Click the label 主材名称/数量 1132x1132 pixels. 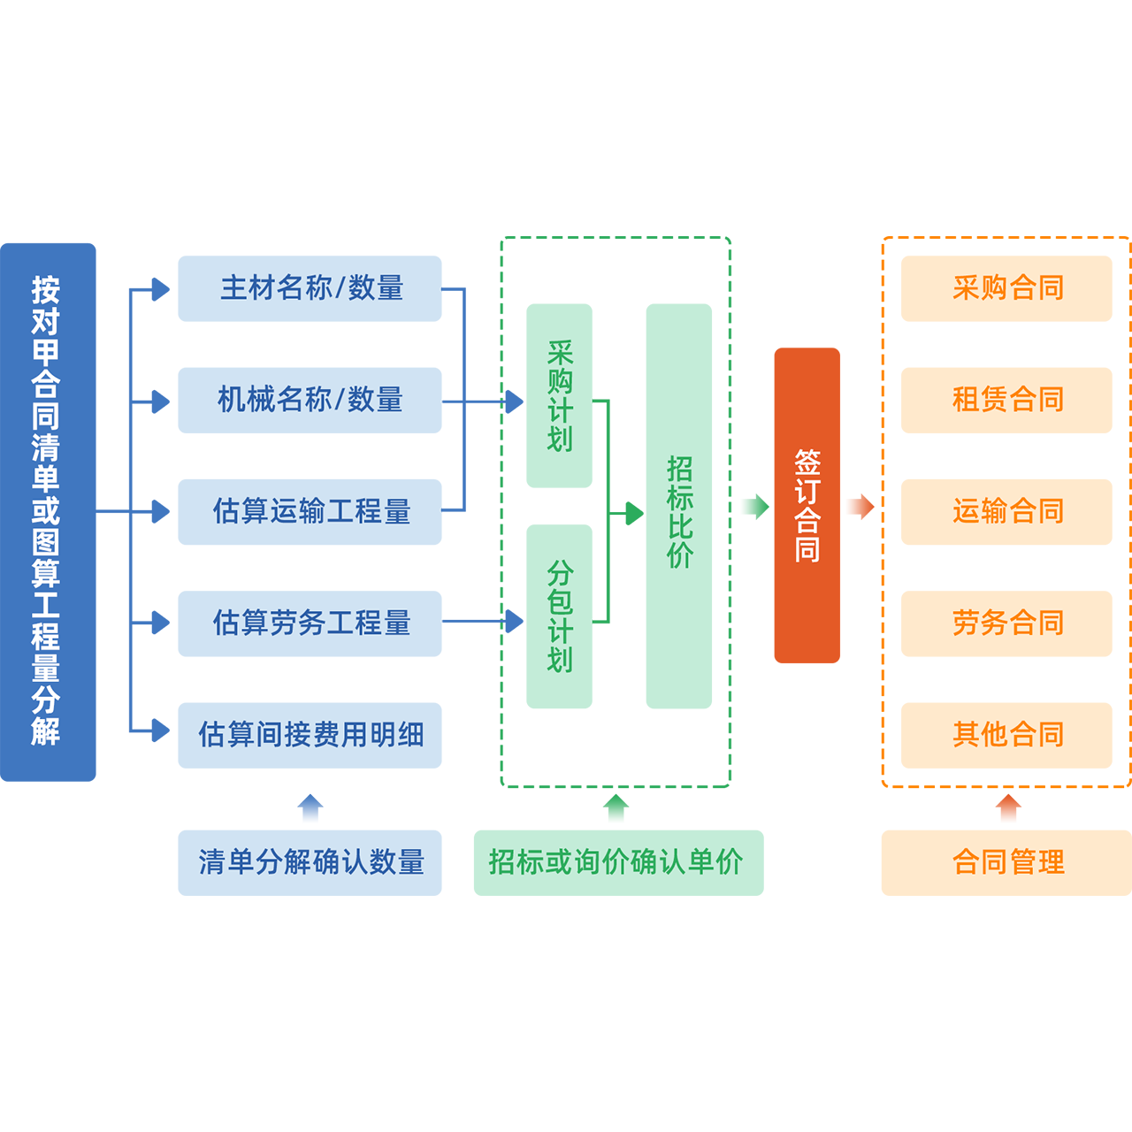click(311, 287)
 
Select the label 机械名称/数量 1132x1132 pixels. click(310, 399)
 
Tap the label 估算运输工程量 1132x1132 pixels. click(311, 511)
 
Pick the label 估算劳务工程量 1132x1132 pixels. click(311, 623)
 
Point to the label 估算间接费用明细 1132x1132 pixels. click(311, 734)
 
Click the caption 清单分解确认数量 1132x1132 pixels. click(311, 861)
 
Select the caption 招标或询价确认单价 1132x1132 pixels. click(616, 861)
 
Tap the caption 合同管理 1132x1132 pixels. click(1008, 861)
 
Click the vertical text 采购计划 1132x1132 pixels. click(560, 396)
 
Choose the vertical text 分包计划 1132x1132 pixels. click(560, 616)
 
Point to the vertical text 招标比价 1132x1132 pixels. click(679, 512)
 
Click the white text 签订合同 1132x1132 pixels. click(807, 506)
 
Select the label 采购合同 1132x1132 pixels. click(1008, 287)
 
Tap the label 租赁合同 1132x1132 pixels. click(1008, 399)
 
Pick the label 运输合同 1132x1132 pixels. click(1008, 511)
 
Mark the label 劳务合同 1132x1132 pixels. click(1008, 623)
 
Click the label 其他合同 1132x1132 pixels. click(1008, 734)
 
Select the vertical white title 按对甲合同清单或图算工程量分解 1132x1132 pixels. click(45, 511)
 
